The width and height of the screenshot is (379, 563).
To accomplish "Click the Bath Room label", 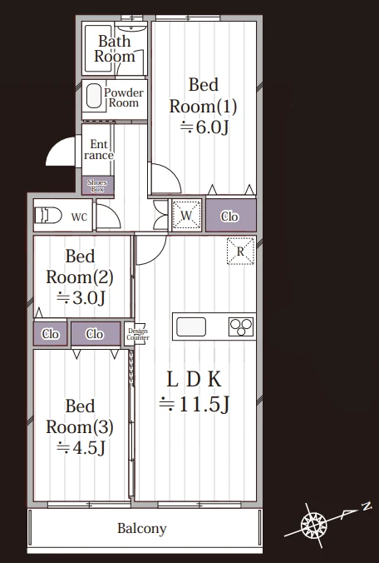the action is pyautogui.click(x=115, y=49).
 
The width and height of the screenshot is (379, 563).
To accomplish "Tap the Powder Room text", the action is pyautogui.click(x=124, y=97).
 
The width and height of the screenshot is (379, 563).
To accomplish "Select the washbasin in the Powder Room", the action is pyautogui.click(x=94, y=96).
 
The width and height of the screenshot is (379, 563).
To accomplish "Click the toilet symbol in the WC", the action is pyautogui.click(x=48, y=216).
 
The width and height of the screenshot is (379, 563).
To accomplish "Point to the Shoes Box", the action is pyautogui.click(x=97, y=185).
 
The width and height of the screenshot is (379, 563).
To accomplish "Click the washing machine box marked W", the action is pyautogui.click(x=186, y=216).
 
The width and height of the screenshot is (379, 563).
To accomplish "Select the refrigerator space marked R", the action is pyautogui.click(x=241, y=251).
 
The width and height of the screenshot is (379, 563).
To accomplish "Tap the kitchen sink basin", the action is pyautogui.click(x=191, y=326).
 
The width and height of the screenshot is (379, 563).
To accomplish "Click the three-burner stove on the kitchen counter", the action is pyautogui.click(x=241, y=326).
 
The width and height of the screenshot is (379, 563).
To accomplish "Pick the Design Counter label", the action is pyautogui.click(x=138, y=334).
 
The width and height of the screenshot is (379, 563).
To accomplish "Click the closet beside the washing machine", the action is pyautogui.click(x=231, y=216).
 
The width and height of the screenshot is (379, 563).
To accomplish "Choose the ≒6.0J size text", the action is pyautogui.click(x=204, y=127).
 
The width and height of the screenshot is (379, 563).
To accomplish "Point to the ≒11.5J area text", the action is pyautogui.click(x=194, y=405).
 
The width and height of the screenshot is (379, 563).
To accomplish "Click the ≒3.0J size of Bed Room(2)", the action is pyautogui.click(x=81, y=298).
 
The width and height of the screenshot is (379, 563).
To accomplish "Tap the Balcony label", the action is pyautogui.click(x=142, y=529).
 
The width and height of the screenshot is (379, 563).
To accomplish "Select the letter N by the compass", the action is pyautogui.click(x=366, y=506).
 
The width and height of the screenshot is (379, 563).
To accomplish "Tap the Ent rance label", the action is pyautogui.click(x=99, y=150).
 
